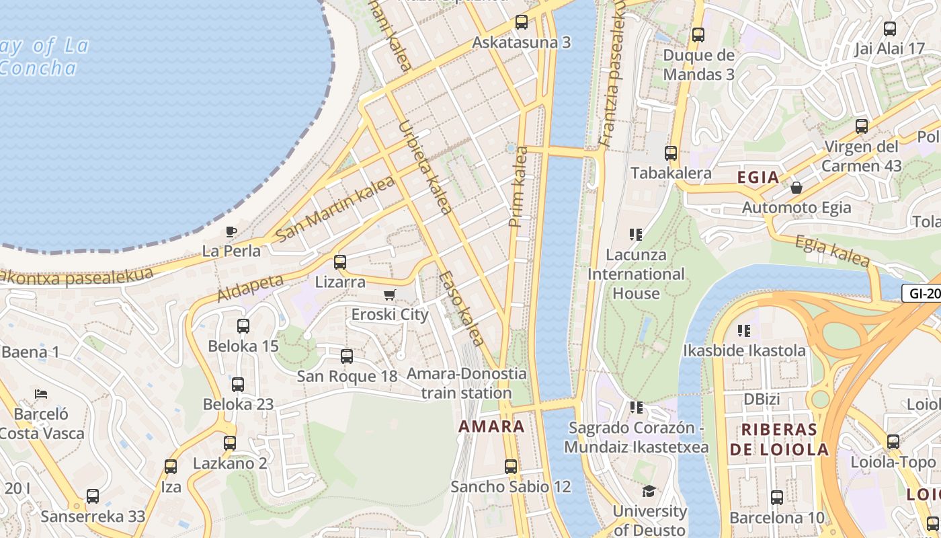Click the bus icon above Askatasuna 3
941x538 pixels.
pyautogui.click(x=521, y=22)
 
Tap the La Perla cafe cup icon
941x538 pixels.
pyautogui.click(x=231, y=232)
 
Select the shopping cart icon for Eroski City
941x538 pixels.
pyautogui.click(x=390, y=295)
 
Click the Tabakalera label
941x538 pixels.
pyautogui.click(x=670, y=173)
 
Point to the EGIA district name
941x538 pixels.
pyautogui.click(x=758, y=178)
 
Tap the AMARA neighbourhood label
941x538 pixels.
pyautogui.click(x=491, y=426)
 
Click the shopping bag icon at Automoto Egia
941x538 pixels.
pyautogui.click(x=796, y=188)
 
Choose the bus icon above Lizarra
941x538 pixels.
pyautogui.click(x=340, y=262)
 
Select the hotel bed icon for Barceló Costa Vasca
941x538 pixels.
pyautogui.click(x=41, y=393)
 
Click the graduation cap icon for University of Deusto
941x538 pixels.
pyautogui.click(x=649, y=492)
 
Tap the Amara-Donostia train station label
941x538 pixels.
pyautogui.click(x=466, y=383)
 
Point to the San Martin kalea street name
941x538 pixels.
pyautogui.click(x=335, y=208)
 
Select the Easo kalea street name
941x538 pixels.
pyautogui.click(x=462, y=308)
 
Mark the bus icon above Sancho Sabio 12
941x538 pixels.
pyautogui.click(x=511, y=466)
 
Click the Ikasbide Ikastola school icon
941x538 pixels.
pyautogui.click(x=744, y=330)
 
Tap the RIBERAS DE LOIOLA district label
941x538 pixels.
pyautogui.click(x=778, y=440)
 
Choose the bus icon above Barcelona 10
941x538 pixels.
pyautogui.click(x=777, y=498)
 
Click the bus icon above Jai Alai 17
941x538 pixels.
pyautogui.click(x=890, y=29)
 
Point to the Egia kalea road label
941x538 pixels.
pyautogui.click(x=832, y=252)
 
